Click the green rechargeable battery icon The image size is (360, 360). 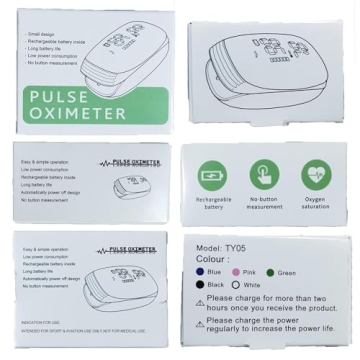point(213,173)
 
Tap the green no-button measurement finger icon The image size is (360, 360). point(264,173)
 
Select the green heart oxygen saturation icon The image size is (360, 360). point(315,173)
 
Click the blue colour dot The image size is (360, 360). point(200,271)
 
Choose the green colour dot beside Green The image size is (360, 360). point(271,271)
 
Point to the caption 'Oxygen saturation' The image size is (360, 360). point(315,204)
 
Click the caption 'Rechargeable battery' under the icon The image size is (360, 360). point(213,204)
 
